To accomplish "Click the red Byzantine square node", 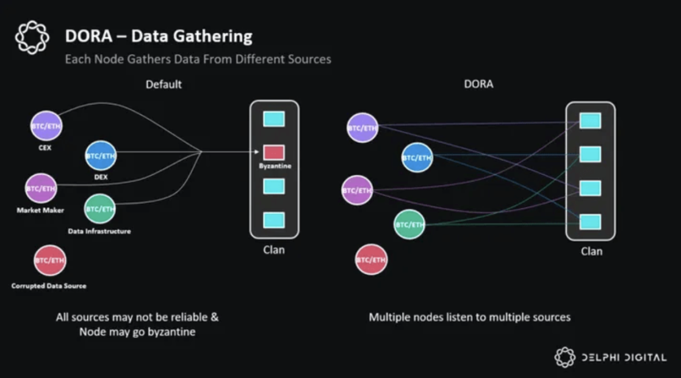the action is [x=274, y=153].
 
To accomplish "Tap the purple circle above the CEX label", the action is [x=46, y=126].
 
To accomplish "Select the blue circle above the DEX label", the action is [x=101, y=156].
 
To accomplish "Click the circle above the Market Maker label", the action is [x=41, y=189].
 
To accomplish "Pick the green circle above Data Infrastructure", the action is [x=100, y=209].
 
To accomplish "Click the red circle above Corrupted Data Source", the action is [x=50, y=260].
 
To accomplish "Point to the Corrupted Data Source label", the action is [x=49, y=286].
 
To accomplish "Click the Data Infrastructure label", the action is [x=99, y=231].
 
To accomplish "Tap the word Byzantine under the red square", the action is [x=275, y=166].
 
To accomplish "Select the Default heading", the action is [x=164, y=84].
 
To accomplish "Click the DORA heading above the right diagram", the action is [x=478, y=84].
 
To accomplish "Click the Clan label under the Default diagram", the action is [x=274, y=250].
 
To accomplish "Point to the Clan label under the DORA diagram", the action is [x=591, y=251].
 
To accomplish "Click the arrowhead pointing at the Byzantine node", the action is [x=257, y=151].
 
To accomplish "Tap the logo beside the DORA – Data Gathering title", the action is [x=32, y=37].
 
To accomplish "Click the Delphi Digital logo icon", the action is [x=565, y=357].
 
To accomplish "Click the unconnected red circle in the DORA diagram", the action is [x=372, y=260].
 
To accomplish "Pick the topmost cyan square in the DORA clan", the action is [x=590, y=121].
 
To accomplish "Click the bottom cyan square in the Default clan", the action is [x=274, y=220].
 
